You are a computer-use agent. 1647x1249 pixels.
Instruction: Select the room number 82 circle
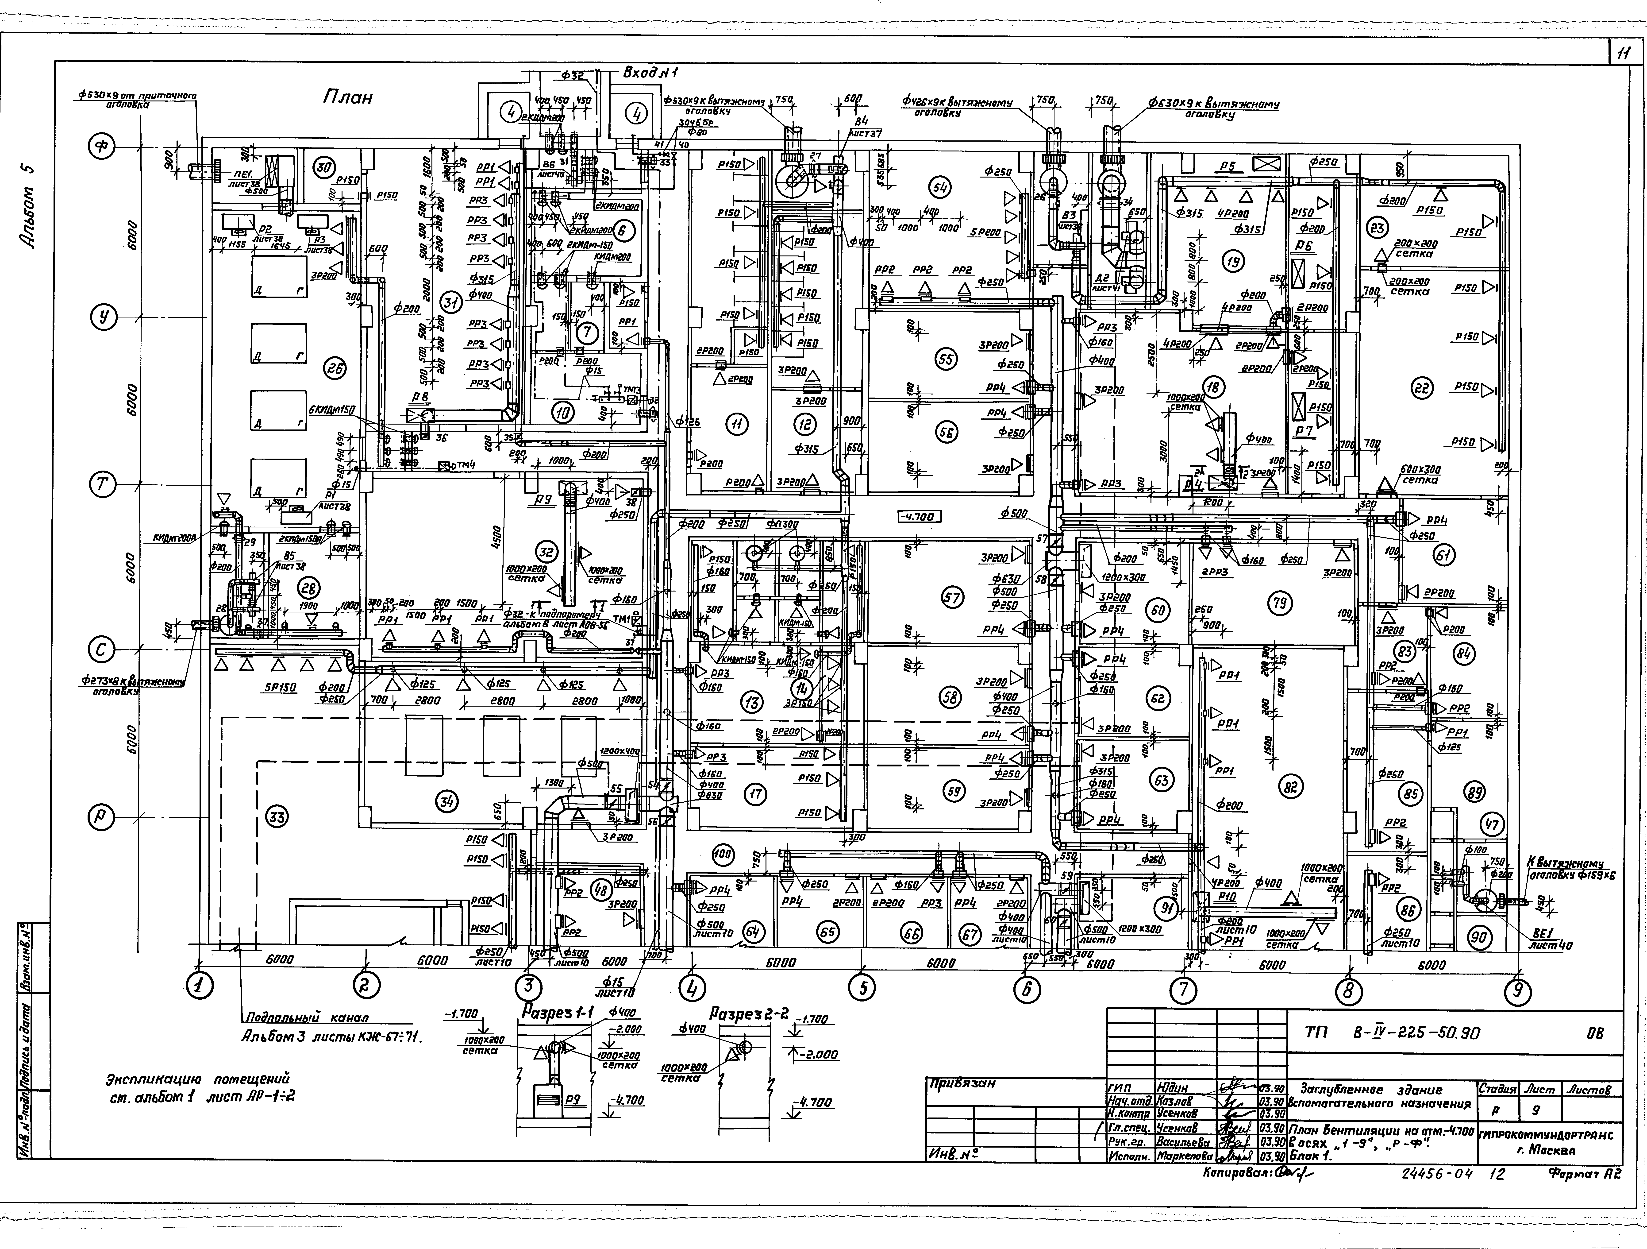point(1290,786)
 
